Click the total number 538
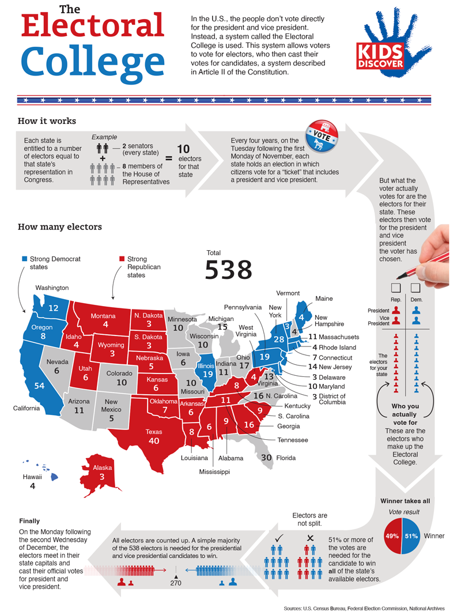229,269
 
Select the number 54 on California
40,386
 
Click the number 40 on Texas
154,441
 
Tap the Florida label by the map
285,458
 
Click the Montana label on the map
103,316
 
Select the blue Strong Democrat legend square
24,259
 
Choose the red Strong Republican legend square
122,259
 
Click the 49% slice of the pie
394,535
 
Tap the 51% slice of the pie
412,535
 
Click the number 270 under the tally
176,583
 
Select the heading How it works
47,121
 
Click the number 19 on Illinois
206,373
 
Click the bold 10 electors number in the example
183,149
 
